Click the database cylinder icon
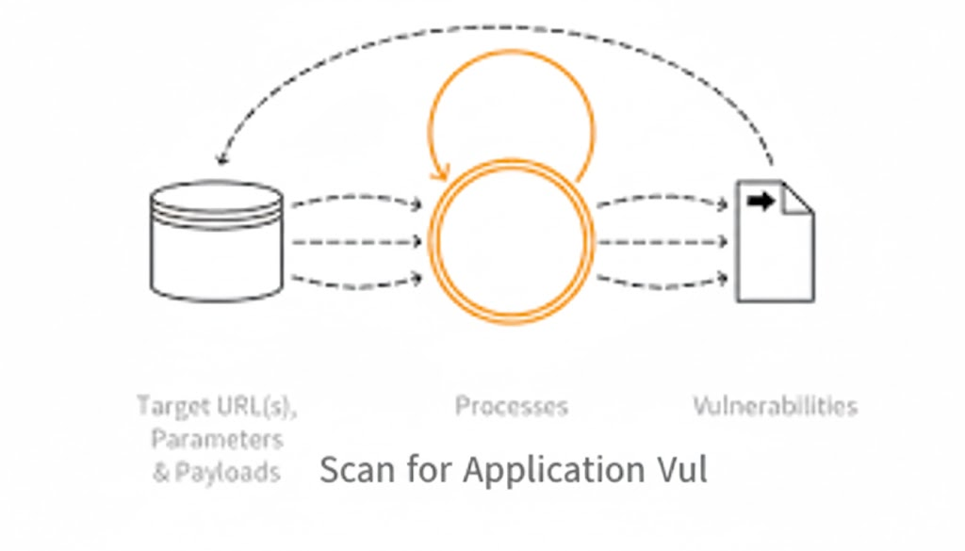(217, 240)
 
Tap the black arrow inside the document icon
(760, 201)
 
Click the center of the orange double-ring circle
(512, 241)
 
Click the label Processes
(512, 406)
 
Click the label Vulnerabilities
(775, 406)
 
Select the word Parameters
(217, 439)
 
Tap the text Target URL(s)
(217, 406)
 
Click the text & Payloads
(217, 471)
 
